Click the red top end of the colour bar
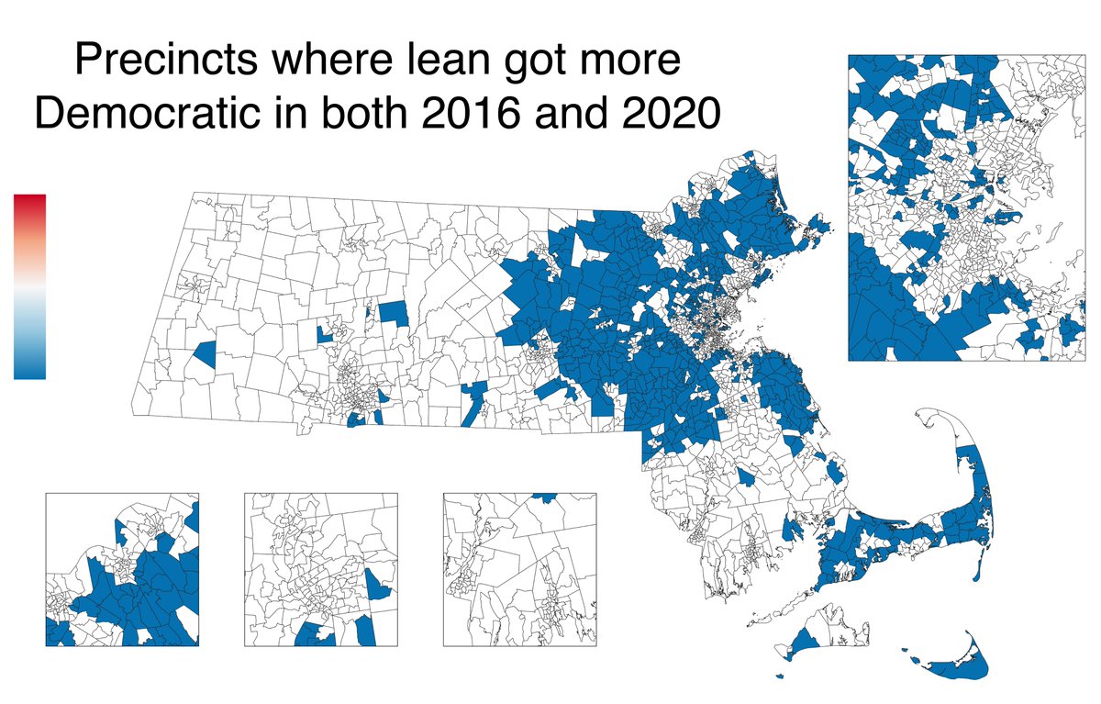coord(29,201)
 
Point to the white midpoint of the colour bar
coord(29,286)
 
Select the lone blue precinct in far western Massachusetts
coord(205,352)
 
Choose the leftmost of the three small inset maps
coord(122,569)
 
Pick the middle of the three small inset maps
coord(321,569)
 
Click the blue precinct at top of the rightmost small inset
coord(545,497)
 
